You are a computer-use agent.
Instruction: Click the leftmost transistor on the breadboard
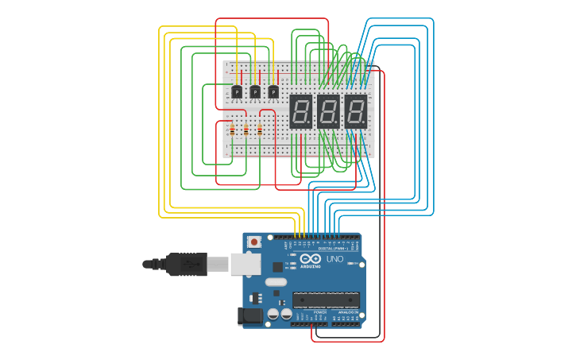coord(236,91)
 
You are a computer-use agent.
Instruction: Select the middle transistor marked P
coord(255,91)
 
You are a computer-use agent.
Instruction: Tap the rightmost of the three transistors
coord(273,91)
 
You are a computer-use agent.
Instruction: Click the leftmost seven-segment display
coord(300,111)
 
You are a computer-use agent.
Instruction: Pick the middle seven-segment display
coord(328,111)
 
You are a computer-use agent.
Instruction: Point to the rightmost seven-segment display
coord(355,111)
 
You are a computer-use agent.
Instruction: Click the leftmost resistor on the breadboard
coord(232,130)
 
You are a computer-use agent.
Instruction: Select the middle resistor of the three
coord(245,130)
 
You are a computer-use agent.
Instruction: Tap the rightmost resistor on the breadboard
coord(259,130)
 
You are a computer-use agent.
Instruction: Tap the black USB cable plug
coord(187,264)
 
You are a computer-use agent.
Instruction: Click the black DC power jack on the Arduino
coord(250,315)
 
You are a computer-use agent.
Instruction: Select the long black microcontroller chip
coord(326,300)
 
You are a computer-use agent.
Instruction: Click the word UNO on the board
coord(334,259)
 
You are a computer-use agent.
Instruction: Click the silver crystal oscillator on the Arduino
coord(276,282)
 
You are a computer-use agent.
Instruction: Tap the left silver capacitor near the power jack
coord(273,314)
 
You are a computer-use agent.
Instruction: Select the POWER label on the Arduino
coord(320,312)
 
